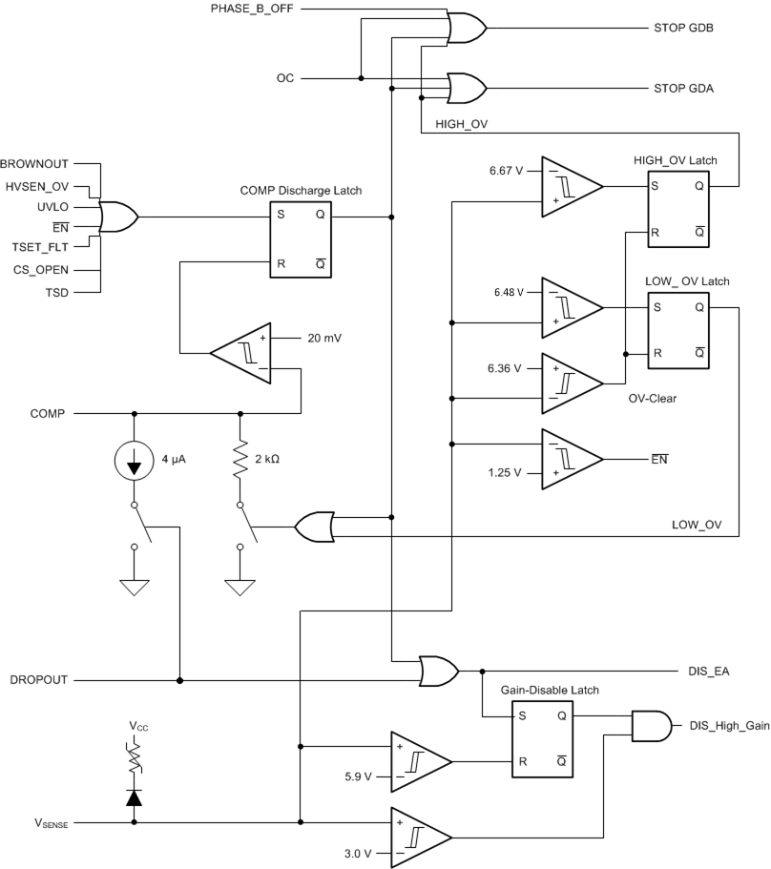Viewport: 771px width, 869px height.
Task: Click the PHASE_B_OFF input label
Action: [x=252, y=9]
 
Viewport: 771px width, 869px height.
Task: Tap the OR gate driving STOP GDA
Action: [x=468, y=87]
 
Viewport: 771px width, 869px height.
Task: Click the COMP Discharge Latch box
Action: [x=301, y=239]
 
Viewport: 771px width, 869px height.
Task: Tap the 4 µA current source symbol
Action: [x=134, y=460]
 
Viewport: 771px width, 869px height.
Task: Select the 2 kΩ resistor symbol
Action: [x=239, y=460]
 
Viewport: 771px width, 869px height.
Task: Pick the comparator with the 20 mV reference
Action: [x=240, y=353]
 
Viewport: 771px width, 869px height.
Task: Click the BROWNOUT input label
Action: [x=35, y=164]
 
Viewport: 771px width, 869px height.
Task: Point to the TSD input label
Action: [x=57, y=289]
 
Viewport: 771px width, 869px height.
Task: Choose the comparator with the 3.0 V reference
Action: [x=419, y=836]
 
